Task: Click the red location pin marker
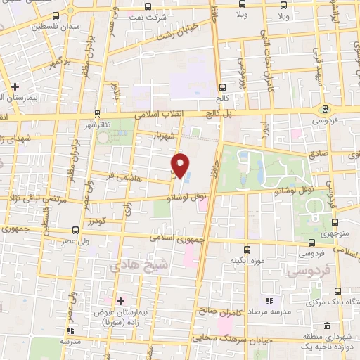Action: coord(181,166)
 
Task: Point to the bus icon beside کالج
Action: coord(223,88)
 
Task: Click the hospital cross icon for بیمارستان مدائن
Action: coord(15,87)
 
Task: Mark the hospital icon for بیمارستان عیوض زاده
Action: coord(121,300)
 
